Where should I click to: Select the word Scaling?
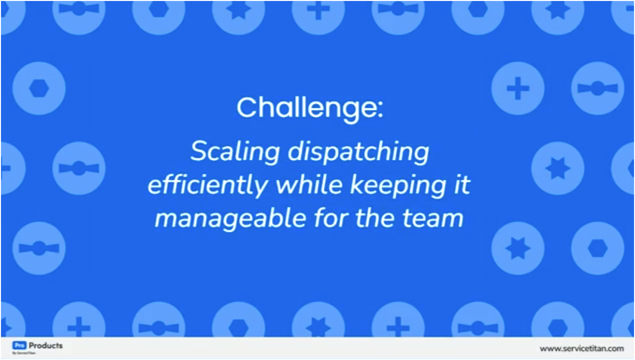click(235, 152)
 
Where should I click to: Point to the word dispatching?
click(358, 152)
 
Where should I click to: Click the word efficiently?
click(207, 186)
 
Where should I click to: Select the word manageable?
click(230, 219)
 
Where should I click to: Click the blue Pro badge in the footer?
click(19, 346)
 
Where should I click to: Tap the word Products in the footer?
click(46, 346)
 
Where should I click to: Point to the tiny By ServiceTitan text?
click(24, 353)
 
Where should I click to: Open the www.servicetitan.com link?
click(581, 348)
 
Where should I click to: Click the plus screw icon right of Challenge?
click(518, 88)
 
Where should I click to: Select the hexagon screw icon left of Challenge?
click(39, 88)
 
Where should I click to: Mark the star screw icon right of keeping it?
click(558, 169)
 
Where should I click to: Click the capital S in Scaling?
click(199, 152)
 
